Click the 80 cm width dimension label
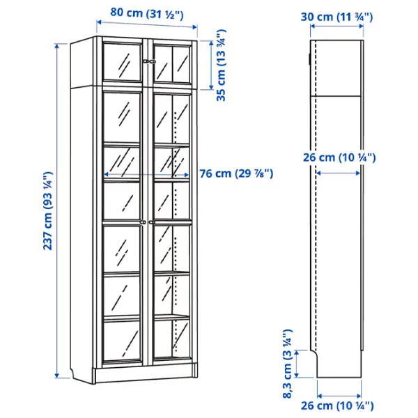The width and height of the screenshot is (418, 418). click(147, 13)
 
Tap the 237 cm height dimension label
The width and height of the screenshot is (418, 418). click(48, 211)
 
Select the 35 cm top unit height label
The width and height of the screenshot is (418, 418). click(221, 65)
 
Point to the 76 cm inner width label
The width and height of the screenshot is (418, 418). click(236, 173)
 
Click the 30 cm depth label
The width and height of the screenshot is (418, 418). click(336, 17)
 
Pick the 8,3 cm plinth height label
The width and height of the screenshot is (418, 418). click(287, 364)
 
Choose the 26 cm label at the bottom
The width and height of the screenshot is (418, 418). click(337, 406)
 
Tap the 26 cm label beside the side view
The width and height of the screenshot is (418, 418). click(339, 157)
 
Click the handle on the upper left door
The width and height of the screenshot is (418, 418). click(146, 61)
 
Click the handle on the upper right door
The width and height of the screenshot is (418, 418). click(153, 61)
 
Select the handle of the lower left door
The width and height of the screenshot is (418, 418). click(143, 222)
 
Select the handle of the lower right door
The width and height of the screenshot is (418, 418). click(152, 222)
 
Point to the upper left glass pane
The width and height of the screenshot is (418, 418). click(122, 62)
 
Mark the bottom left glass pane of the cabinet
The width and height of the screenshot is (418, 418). click(121, 341)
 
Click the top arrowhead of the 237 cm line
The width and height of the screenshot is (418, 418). click(57, 46)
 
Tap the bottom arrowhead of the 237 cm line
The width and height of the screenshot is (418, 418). click(57, 375)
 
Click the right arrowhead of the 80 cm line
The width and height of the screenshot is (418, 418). click(194, 26)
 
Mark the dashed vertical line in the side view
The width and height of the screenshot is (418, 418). click(316, 195)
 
